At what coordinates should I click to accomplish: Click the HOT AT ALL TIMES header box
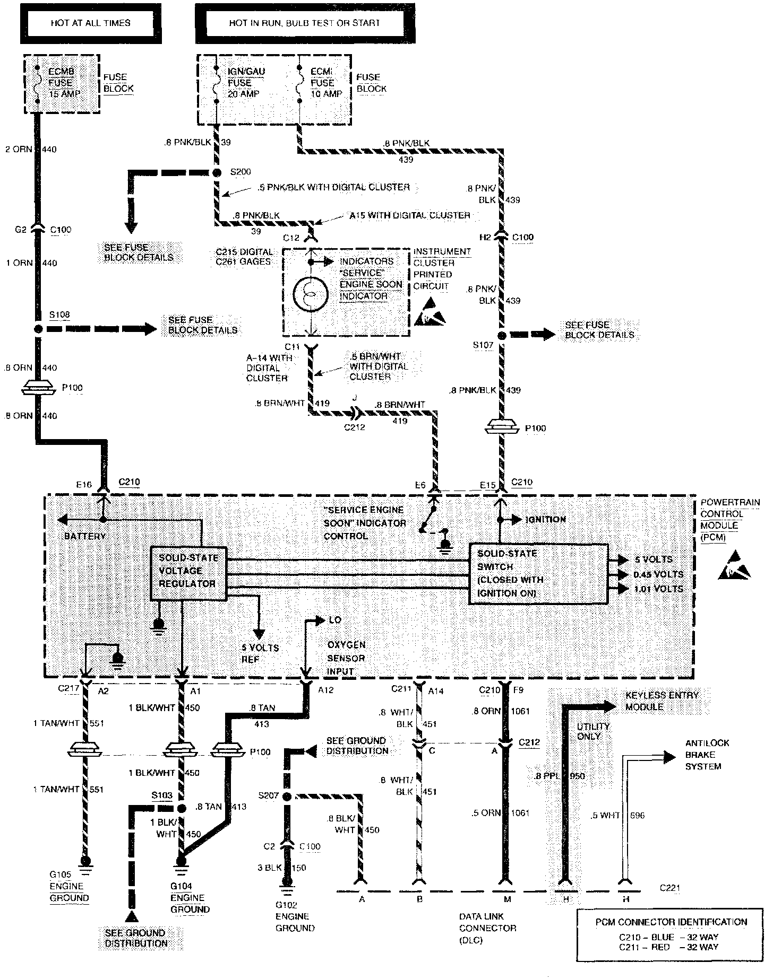(91, 23)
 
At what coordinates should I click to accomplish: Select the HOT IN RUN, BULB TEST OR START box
(305, 23)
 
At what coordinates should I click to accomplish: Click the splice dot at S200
(217, 173)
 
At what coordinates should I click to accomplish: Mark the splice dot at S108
(38, 329)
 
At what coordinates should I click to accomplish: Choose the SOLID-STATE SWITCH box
(538, 574)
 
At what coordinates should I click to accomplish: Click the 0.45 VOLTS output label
(659, 574)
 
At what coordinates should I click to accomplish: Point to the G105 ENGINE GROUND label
(69, 892)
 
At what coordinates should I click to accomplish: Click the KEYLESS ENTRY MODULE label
(662, 701)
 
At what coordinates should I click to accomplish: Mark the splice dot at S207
(287, 797)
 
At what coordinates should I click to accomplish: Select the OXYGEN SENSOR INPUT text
(346, 658)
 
